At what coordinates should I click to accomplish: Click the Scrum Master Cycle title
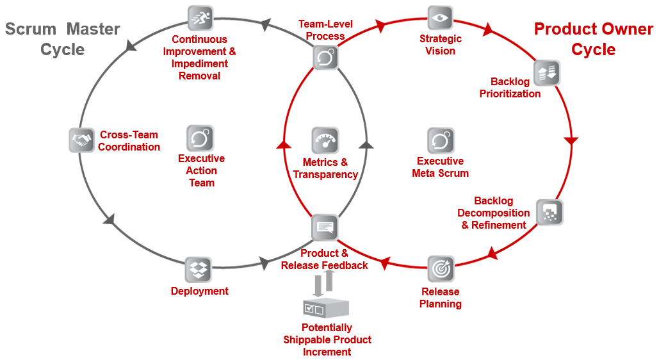63,39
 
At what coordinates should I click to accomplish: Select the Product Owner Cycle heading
593,39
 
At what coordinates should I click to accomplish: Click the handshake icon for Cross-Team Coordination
81,140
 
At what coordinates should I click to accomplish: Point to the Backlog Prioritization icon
546,74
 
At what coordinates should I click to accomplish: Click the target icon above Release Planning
441,269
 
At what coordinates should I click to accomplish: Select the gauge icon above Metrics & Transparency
325,140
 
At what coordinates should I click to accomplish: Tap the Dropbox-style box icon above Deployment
198,270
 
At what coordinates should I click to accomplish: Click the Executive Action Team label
201,170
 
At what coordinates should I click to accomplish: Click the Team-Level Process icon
325,58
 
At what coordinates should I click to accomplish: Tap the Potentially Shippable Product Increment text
327,340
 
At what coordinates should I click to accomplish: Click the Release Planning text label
441,298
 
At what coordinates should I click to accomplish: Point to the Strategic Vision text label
440,45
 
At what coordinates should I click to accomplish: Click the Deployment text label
199,291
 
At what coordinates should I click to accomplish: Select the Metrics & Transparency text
325,168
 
